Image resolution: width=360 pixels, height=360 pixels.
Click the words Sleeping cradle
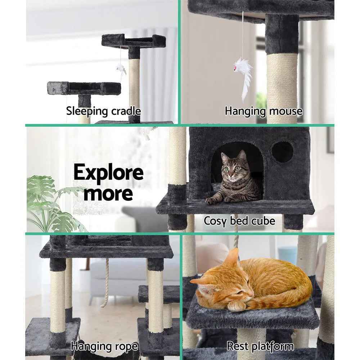point(103,111)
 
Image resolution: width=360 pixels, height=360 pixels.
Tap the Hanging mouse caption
point(264,111)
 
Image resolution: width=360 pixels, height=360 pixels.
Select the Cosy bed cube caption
point(239,220)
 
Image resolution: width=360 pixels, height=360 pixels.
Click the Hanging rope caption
point(104,347)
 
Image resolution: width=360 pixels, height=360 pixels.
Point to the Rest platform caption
point(260,347)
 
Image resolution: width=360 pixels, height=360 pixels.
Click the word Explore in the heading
point(108,173)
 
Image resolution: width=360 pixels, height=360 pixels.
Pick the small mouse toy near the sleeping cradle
point(121,71)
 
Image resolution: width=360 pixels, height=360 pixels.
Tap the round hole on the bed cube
point(282,152)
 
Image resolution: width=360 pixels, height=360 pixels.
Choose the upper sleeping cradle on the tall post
point(134,41)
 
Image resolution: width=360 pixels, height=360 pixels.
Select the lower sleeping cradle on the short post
point(84,88)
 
